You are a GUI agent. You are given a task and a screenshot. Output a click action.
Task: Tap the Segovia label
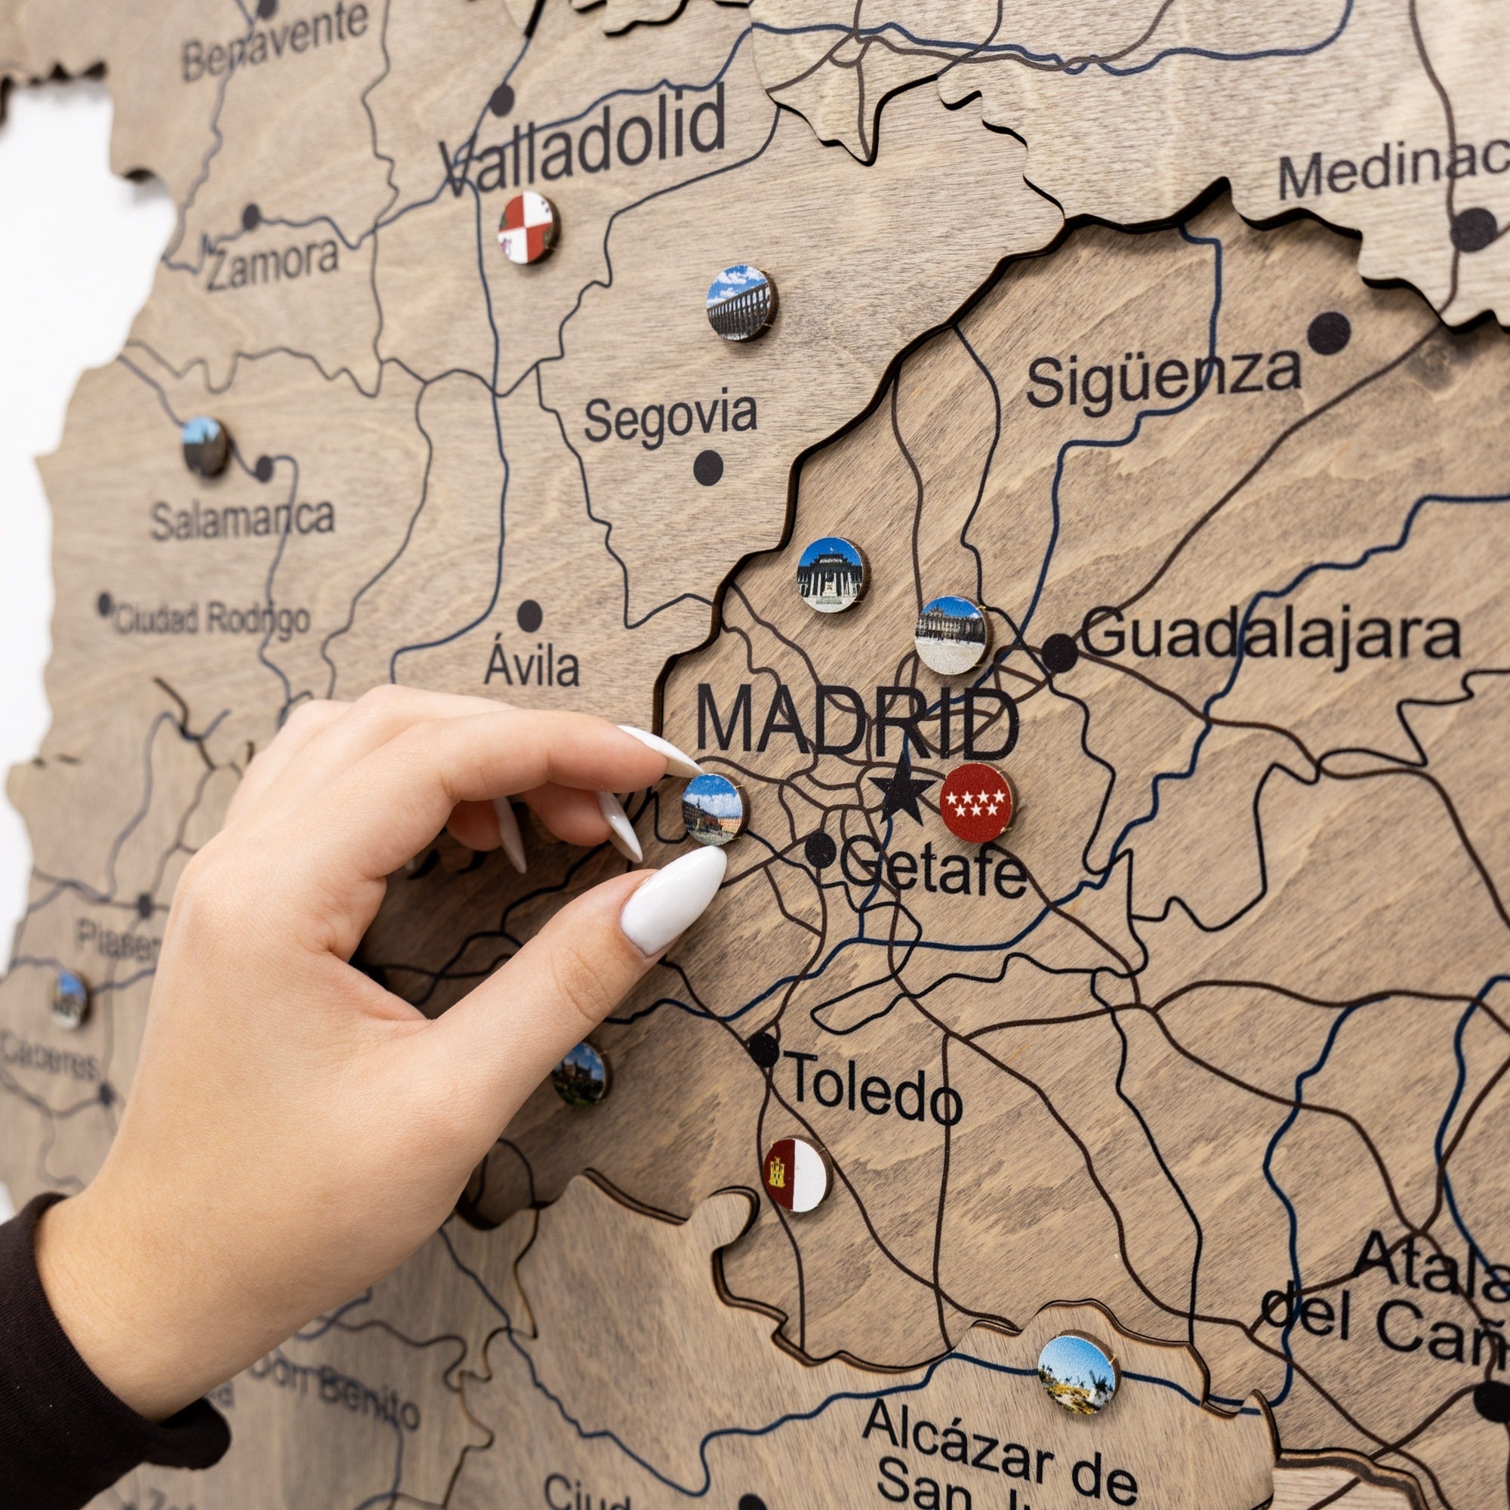tap(670, 418)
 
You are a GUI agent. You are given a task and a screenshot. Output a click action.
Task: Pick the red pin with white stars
tap(976, 802)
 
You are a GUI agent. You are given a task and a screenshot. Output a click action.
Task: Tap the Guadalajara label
tap(1270, 636)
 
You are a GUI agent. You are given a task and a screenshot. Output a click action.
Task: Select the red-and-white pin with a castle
tap(796, 1173)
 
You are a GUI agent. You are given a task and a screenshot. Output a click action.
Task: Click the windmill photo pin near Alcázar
tap(1077, 1373)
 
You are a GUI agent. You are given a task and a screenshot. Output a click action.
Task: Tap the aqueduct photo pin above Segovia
tap(739, 304)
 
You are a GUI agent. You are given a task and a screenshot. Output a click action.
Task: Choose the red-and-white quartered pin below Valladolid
tap(528, 226)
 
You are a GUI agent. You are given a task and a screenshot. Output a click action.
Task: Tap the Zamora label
tap(272, 263)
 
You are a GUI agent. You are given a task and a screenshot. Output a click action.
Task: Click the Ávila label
tap(532, 666)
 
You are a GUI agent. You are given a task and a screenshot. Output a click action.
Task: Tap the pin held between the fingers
tap(712, 809)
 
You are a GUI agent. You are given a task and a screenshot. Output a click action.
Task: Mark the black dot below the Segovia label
tap(708, 467)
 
